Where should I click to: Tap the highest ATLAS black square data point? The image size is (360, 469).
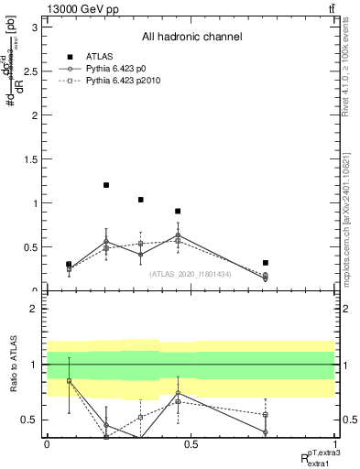[x=106, y=185]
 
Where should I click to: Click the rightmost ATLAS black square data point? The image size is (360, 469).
[x=265, y=263]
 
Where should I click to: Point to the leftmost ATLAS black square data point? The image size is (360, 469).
[x=69, y=265]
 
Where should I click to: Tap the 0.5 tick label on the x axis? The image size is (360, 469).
[x=191, y=443]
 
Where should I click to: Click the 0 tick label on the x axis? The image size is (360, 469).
[x=47, y=443]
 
